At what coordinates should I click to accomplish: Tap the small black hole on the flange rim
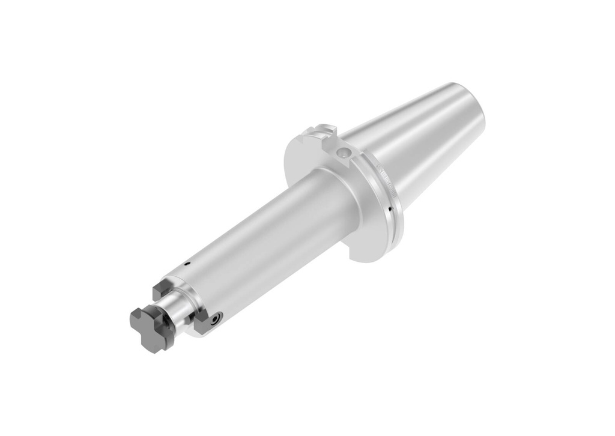click(390, 210)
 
